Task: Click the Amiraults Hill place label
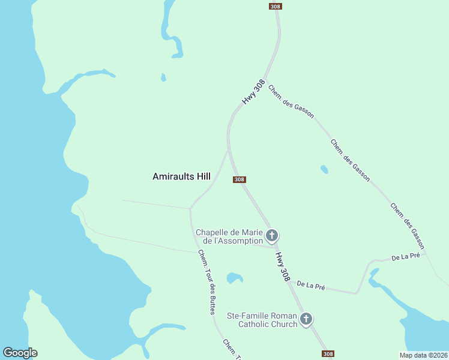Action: (181, 177)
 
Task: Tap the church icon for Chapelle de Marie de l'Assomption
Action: (272, 235)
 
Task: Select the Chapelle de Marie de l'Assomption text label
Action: (229, 236)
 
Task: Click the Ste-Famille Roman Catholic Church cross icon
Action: (306, 319)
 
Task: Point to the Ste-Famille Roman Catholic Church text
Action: (262, 320)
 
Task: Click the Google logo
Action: (20, 353)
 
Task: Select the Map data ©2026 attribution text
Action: (423, 355)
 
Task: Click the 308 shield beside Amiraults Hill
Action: (240, 179)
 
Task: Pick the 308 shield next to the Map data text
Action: (327, 354)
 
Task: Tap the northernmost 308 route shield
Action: (275, 6)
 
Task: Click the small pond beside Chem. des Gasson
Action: (325, 169)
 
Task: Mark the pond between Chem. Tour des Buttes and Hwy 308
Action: (234, 278)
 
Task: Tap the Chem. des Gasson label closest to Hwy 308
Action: (291, 101)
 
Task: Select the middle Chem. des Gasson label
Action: (350, 160)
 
